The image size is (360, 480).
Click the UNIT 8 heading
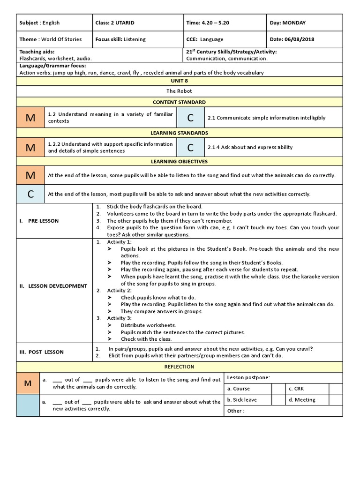pos(179,81)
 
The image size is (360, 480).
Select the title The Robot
pos(179,91)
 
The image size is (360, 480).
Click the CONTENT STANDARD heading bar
pos(179,102)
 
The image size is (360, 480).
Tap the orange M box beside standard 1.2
pos(30,118)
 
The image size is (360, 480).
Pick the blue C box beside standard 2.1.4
pos(190,147)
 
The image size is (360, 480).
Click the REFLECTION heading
pos(179,367)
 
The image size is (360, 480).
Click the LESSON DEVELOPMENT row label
pos(53,286)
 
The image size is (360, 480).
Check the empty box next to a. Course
pos(278,389)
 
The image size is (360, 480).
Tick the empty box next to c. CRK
pos(336,389)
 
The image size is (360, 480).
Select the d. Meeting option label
pos(302,400)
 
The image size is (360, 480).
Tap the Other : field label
pos(235,411)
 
